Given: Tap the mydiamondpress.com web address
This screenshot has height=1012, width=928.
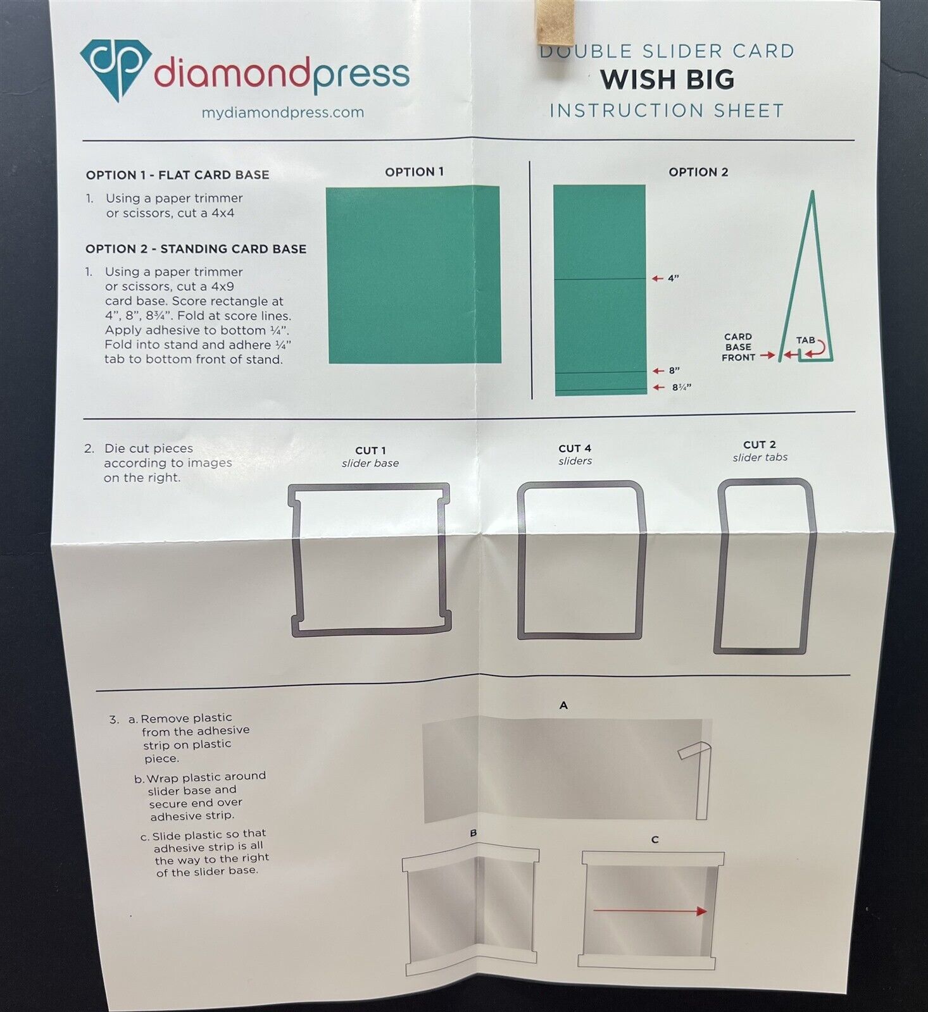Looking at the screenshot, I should [282, 113].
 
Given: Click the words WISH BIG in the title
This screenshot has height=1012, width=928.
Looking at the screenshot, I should [667, 80].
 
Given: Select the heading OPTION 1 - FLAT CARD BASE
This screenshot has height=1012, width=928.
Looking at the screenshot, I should [177, 175].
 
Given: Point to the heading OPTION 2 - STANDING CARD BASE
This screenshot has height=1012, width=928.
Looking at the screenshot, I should [196, 249].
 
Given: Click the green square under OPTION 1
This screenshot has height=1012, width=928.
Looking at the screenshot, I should [414, 275].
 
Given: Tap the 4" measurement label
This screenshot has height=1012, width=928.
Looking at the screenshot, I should [673, 278].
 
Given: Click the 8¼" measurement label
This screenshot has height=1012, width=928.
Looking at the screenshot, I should [681, 387].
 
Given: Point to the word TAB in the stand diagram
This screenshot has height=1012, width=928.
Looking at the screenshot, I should [805, 340].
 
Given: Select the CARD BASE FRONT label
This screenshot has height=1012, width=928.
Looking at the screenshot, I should [738, 347].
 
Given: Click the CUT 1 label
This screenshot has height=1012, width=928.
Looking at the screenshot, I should [370, 451].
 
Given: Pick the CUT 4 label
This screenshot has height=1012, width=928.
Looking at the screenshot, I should [575, 448].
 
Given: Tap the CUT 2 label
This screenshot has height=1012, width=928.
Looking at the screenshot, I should [760, 445].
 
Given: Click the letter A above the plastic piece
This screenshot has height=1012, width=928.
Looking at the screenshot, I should [563, 705].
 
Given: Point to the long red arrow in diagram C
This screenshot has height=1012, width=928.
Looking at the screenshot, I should [649, 911].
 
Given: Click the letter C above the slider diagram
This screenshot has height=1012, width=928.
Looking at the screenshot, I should [655, 840].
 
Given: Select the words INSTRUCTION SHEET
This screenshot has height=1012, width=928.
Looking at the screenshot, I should [667, 111].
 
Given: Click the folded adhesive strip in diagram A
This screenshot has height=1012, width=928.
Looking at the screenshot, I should [699, 778].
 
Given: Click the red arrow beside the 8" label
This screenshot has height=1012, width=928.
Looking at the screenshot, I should [658, 371].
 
